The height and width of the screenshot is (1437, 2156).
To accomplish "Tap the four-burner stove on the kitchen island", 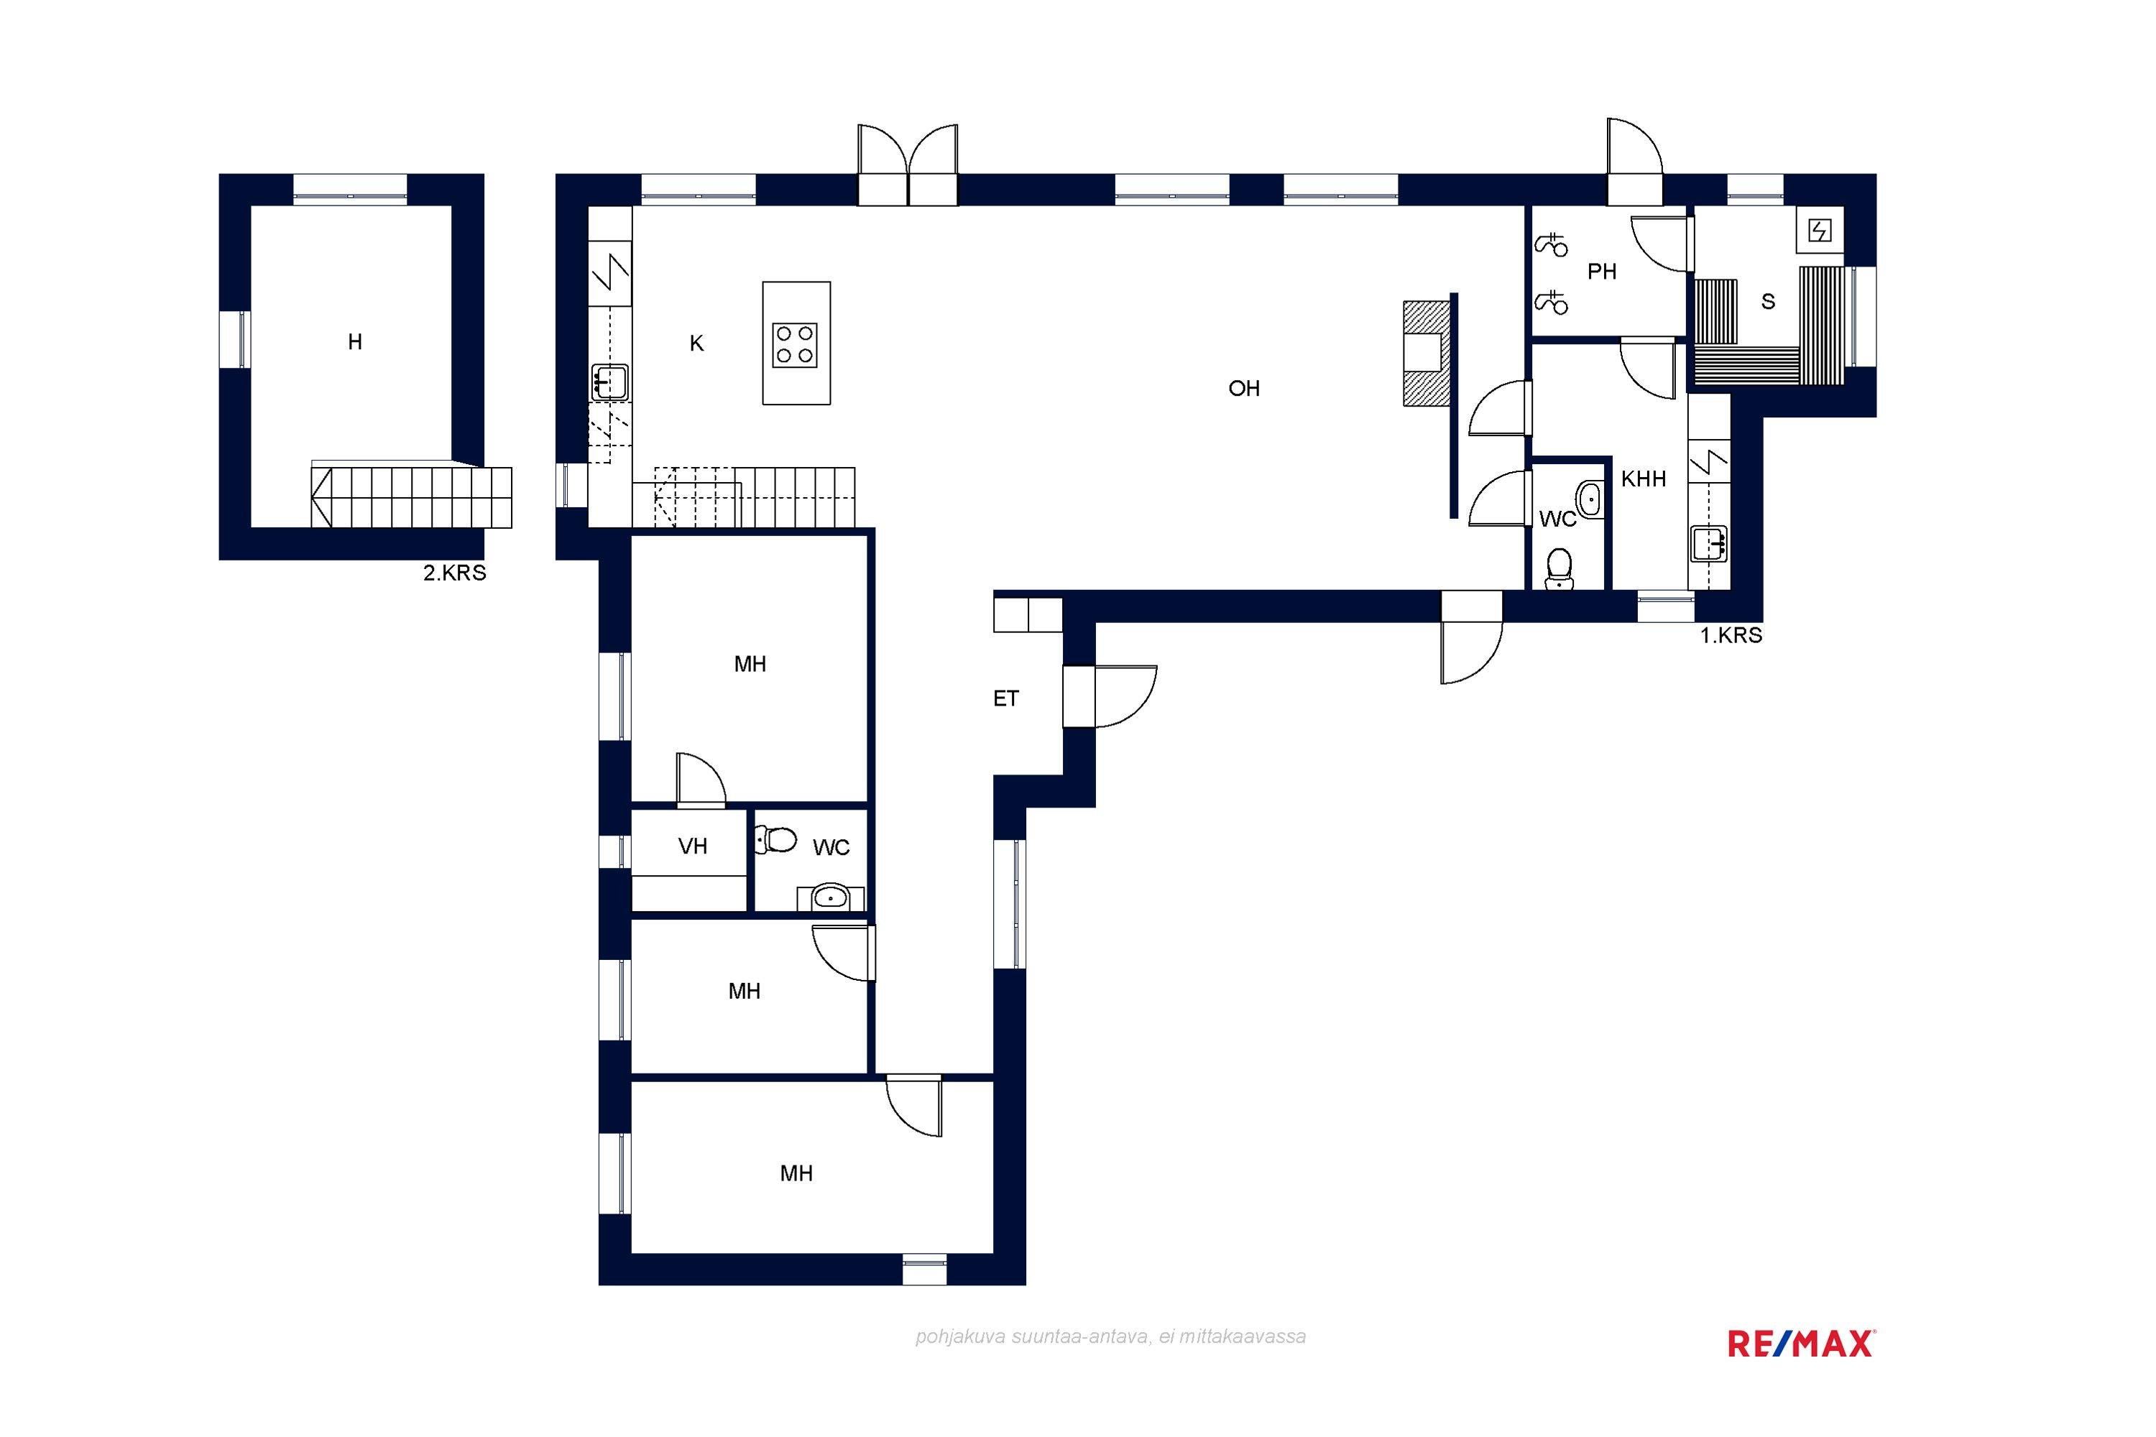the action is [x=795, y=345].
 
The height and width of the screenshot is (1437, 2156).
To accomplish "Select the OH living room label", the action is [x=1244, y=389].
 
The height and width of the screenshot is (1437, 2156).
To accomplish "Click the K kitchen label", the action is [x=696, y=343].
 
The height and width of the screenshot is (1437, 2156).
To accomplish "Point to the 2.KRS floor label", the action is [x=455, y=573].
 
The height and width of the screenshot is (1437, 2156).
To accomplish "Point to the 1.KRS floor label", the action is [x=1731, y=635].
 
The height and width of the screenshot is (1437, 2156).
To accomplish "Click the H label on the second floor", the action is [x=355, y=342].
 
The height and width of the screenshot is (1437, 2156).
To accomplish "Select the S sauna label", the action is [x=1768, y=302].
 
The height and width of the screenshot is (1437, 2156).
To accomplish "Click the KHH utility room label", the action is [x=1644, y=479].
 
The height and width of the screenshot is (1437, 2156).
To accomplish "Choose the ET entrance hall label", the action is [x=1005, y=698].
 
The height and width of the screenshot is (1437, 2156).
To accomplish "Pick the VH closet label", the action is [x=693, y=846].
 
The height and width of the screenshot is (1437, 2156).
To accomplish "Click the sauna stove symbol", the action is [x=1820, y=230].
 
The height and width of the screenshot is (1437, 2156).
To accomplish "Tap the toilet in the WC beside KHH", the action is [x=1558, y=569].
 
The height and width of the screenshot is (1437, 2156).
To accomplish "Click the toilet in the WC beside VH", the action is [x=775, y=838].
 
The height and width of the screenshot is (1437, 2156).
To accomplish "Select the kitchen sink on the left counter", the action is [x=609, y=382].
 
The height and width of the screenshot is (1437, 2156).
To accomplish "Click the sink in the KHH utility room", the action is [x=1709, y=543].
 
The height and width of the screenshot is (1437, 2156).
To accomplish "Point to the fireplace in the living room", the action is [x=1427, y=353].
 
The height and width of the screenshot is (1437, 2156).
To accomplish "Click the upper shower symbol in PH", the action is [x=1551, y=245].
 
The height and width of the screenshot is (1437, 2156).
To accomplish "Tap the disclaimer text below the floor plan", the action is [x=1110, y=1336].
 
